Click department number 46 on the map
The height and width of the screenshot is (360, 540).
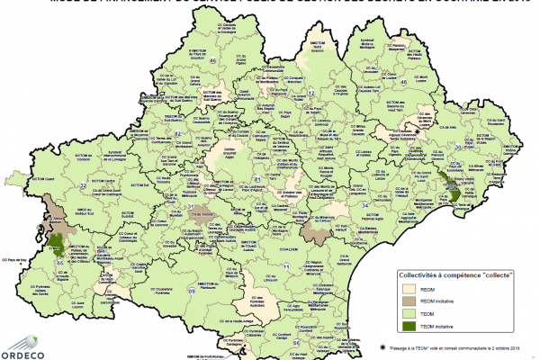pyautogui.click(x=213, y=60)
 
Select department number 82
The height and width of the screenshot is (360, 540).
pyautogui.click(x=178, y=134)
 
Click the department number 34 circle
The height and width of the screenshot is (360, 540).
pyautogui.click(x=365, y=206)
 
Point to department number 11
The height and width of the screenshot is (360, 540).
pyautogui.click(x=287, y=267)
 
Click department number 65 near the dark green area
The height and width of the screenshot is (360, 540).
pyautogui.click(x=60, y=262)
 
